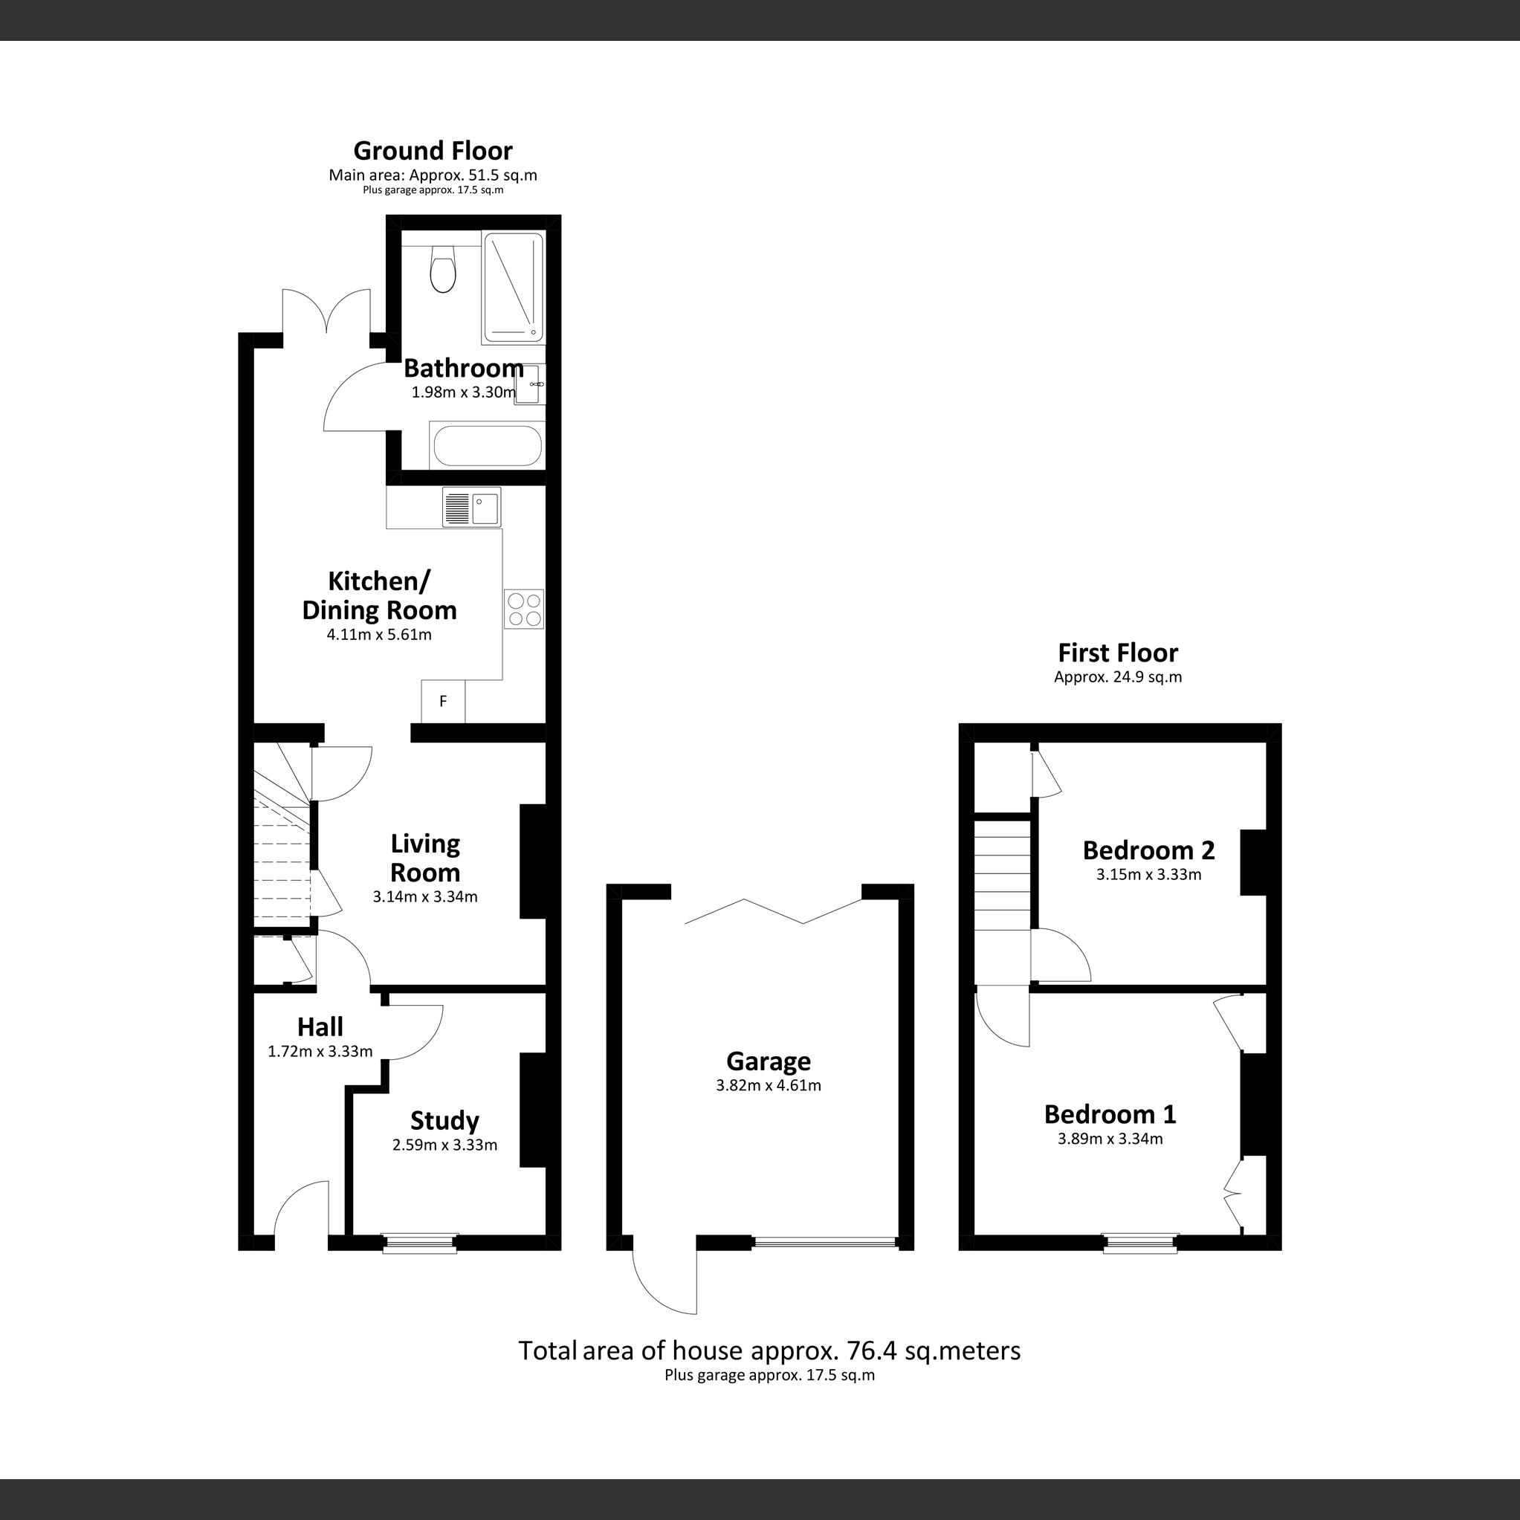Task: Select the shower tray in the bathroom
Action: (x=512, y=287)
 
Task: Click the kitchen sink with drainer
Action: (x=471, y=508)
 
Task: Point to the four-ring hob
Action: (x=524, y=609)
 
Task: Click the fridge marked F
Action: (x=443, y=701)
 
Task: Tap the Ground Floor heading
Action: (x=433, y=150)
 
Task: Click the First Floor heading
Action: (x=1117, y=652)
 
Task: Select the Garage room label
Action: (x=768, y=1061)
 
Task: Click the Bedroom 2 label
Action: (x=1148, y=850)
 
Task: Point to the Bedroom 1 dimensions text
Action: (x=1109, y=1138)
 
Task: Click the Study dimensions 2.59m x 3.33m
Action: (x=444, y=1145)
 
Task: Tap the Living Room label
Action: (x=425, y=858)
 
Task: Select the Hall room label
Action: (x=320, y=1026)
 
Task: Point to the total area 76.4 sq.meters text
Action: (x=769, y=1350)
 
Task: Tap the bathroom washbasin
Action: (x=528, y=384)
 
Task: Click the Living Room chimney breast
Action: (x=533, y=861)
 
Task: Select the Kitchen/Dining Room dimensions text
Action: (x=379, y=634)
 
